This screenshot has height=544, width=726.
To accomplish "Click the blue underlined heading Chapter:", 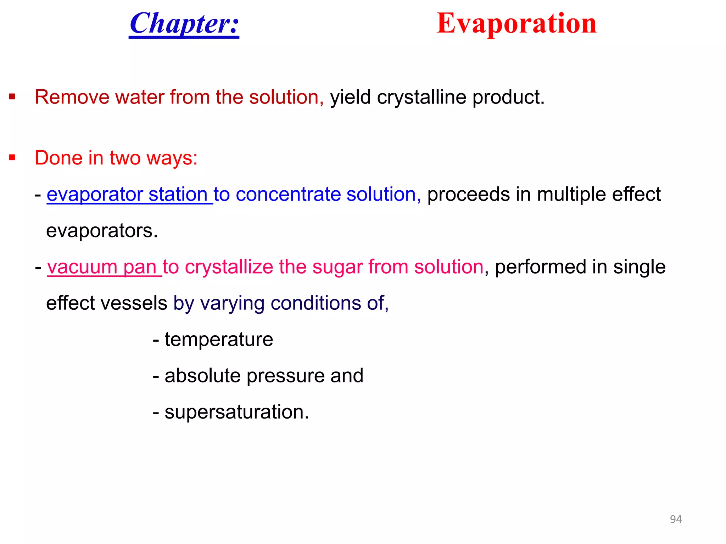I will [184, 24].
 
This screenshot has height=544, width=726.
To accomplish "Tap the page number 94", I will [676, 519].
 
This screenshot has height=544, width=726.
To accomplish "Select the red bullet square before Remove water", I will [12, 97].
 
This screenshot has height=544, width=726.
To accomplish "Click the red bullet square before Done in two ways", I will [12, 157].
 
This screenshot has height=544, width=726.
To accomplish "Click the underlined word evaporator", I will [94, 195].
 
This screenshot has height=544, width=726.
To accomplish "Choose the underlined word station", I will [178, 195].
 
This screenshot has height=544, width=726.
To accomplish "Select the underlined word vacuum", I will [82, 267].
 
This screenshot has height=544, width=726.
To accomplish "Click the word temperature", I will [219, 340].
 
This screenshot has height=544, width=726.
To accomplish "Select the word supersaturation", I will [236, 412].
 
